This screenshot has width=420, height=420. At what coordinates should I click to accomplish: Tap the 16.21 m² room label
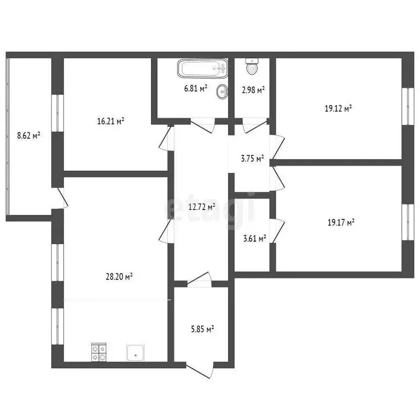click(107, 121)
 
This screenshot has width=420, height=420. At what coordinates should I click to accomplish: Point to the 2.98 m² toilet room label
click(253, 90)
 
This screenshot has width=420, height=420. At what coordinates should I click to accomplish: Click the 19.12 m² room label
click(338, 108)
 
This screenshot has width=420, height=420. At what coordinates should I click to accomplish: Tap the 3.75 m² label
click(253, 159)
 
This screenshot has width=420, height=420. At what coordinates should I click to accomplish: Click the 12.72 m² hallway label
click(201, 207)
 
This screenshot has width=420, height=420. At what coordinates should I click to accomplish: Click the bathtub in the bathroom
click(201, 69)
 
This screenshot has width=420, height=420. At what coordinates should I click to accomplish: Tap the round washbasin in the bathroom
click(222, 92)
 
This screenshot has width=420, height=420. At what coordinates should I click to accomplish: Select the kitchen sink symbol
click(135, 353)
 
